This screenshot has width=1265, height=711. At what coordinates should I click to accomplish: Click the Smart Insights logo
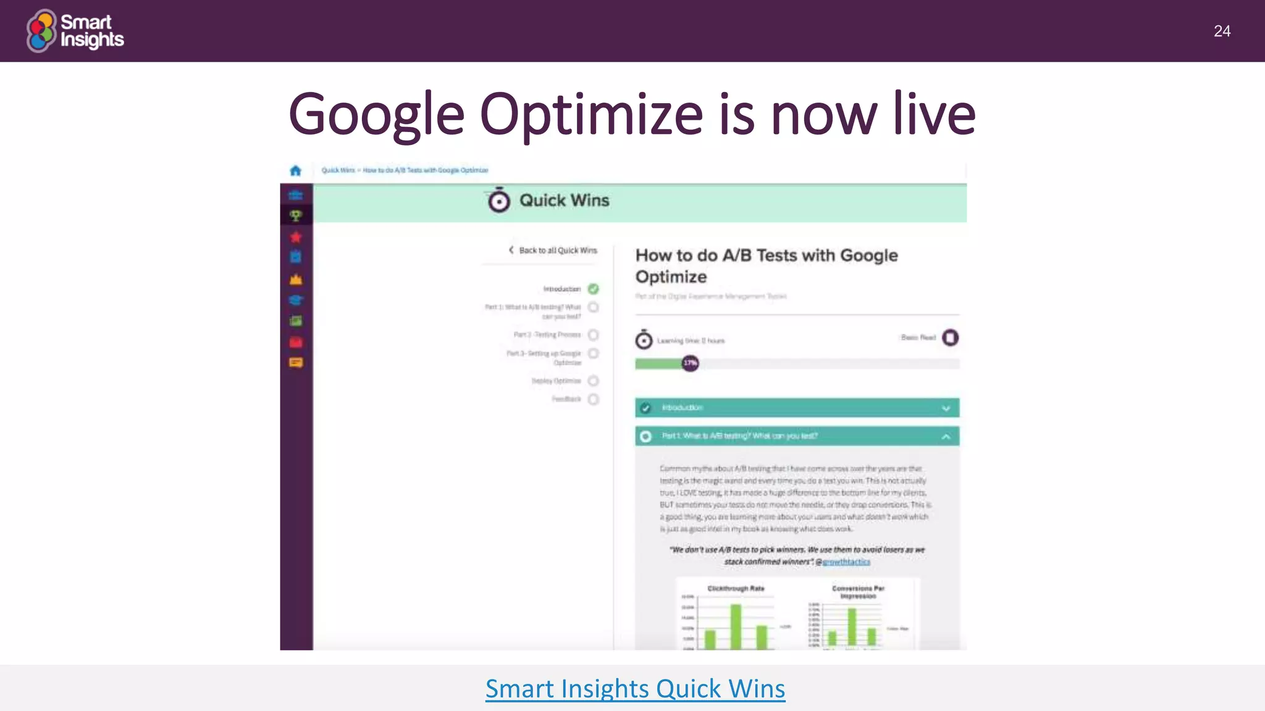75,30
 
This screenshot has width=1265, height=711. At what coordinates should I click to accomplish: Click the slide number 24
1222,31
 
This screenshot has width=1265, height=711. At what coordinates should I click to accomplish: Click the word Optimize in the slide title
591,115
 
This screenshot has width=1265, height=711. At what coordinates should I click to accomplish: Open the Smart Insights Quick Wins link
635,689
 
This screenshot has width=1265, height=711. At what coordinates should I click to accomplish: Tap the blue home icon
296,170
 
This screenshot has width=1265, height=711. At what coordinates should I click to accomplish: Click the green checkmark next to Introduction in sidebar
594,289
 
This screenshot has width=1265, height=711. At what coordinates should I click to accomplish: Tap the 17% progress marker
690,363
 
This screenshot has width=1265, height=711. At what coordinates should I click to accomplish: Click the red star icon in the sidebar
296,237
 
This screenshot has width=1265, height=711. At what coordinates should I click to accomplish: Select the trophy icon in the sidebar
296,215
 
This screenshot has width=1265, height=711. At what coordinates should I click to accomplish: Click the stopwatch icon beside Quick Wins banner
499,201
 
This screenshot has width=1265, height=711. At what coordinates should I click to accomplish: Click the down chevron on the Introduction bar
946,409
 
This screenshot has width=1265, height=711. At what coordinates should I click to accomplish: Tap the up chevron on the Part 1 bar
946,437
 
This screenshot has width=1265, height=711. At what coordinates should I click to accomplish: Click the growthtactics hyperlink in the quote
846,562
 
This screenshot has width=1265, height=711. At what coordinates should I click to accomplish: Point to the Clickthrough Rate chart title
736,589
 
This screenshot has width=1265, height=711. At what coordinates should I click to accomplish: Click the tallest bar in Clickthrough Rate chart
736,626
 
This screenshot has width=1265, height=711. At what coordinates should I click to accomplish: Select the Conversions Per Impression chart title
858,592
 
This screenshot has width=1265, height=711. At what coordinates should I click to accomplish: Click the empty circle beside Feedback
594,399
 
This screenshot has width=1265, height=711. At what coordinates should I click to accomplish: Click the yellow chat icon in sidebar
296,363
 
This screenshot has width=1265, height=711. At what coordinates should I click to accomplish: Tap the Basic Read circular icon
950,338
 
